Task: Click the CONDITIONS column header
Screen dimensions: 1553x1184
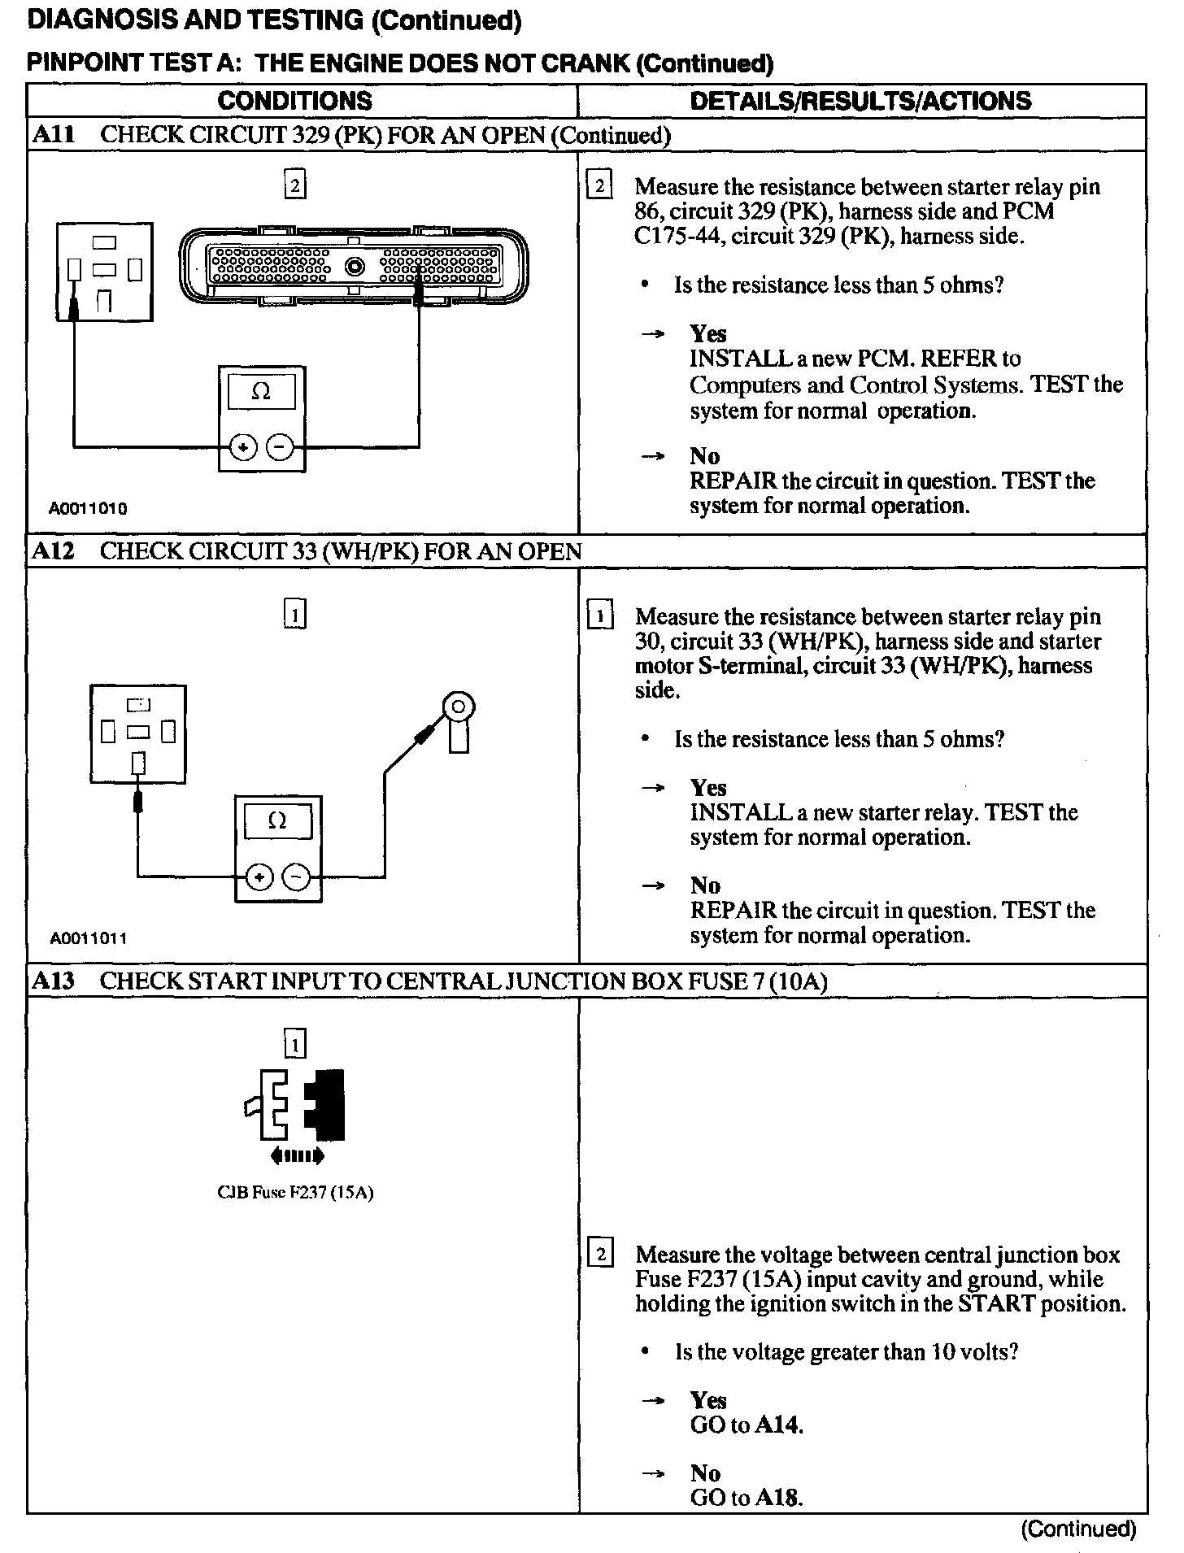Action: (294, 101)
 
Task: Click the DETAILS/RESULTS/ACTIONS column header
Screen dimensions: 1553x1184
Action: (860, 101)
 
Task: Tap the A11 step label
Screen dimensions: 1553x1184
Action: (53, 135)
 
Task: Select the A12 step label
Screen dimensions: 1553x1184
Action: (53, 551)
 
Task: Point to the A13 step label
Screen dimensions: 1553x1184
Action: (53, 981)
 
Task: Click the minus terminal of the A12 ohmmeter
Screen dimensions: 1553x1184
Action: (295, 877)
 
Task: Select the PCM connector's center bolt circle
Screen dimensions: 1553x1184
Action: (355, 266)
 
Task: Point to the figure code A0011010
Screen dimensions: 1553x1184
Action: (88, 509)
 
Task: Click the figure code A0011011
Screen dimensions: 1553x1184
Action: (88, 938)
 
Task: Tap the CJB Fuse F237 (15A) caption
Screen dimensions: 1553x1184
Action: (294, 1193)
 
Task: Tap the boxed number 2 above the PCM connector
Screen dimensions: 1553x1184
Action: (294, 185)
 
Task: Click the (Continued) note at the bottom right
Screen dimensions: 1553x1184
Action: (1077, 1529)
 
